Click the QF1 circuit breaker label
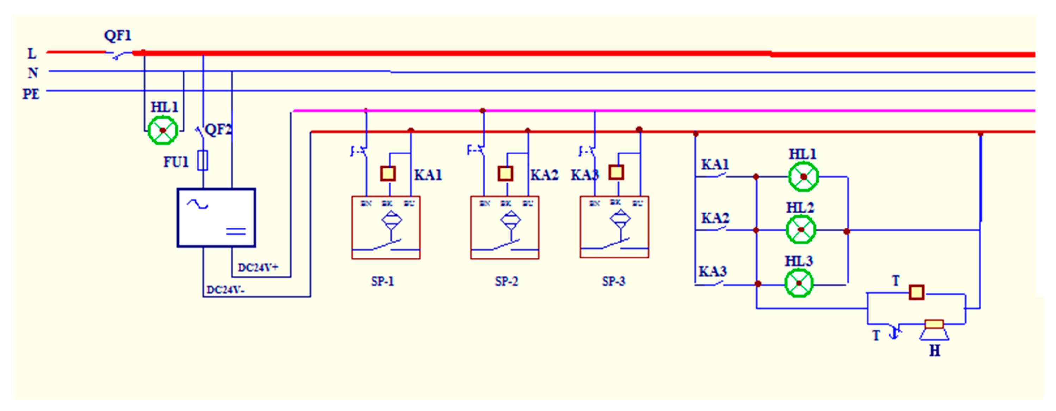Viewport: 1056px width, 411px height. point(118,36)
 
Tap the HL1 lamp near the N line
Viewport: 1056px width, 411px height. point(163,130)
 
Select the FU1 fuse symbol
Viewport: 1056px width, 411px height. point(203,160)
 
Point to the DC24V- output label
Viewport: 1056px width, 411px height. point(225,290)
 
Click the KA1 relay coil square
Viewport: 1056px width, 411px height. point(388,173)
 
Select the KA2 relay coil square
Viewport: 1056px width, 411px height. point(505,173)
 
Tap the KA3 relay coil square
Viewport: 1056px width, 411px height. point(616,173)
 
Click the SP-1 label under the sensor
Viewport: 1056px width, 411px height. point(382,281)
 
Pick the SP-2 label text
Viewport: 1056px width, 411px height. point(506,281)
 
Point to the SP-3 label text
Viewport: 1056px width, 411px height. point(613,281)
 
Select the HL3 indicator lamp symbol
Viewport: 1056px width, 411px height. point(799,283)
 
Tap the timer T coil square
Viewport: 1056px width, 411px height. point(917,293)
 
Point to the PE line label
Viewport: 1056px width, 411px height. point(31,94)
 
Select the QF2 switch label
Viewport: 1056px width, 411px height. point(218,130)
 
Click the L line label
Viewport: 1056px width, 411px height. point(32,54)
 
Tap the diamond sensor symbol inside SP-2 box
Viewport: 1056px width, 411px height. point(510,220)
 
